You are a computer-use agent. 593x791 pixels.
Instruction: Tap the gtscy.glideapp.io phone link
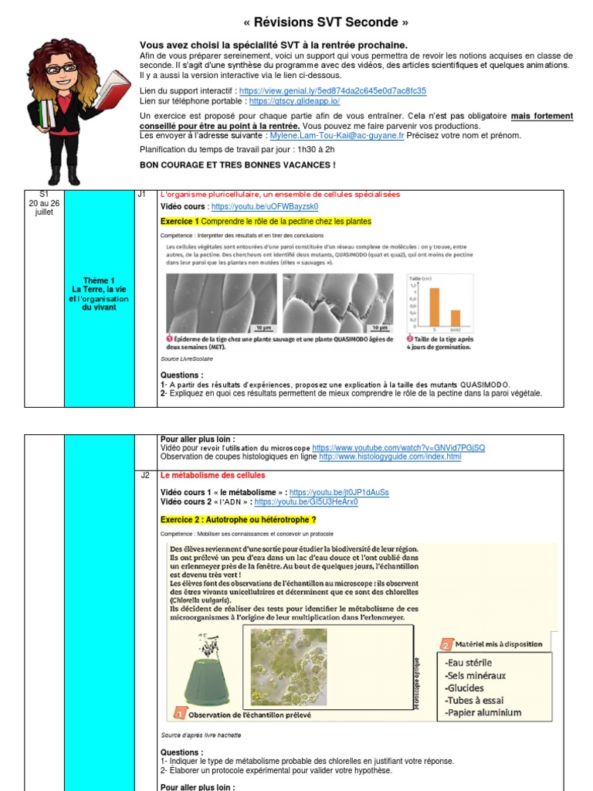click(294, 100)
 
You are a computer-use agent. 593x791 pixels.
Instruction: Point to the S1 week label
click(44, 194)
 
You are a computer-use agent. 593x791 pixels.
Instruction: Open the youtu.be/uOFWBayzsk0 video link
click(264, 207)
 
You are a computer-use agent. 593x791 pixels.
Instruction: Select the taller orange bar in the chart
click(435, 307)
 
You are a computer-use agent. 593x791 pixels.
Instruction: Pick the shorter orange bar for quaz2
click(456, 317)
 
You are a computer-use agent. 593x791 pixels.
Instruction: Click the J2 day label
click(145, 475)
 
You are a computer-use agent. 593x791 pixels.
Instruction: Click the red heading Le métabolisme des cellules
click(212, 475)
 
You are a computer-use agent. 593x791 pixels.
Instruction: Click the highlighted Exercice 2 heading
click(238, 519)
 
